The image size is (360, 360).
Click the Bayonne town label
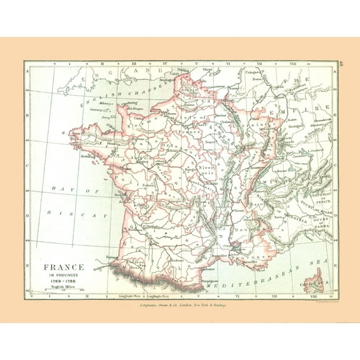(113, 256)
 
